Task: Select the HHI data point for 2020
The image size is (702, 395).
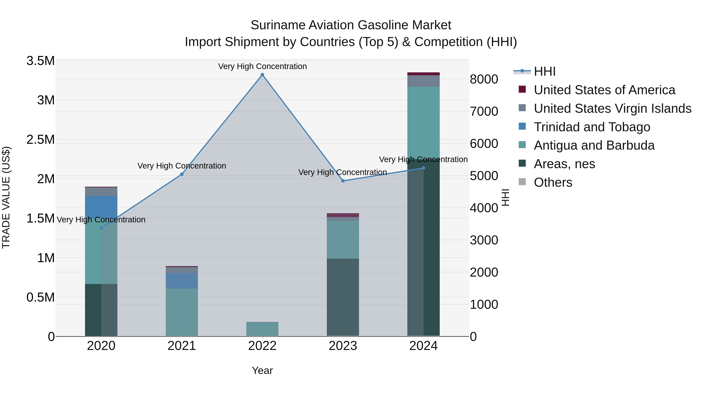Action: (101, 228)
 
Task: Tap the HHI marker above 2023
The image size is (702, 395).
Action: (343, 181)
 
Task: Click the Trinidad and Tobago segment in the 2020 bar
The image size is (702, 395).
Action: (101, 206)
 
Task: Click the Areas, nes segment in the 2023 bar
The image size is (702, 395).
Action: (343, 297)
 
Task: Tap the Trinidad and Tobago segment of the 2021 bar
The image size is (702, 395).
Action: (182, 281)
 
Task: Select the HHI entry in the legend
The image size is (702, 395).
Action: (544, 71)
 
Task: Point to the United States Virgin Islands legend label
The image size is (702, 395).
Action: (612, 108)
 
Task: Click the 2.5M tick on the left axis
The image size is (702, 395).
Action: (40, 140)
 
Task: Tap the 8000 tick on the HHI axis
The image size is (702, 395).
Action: (484, 79)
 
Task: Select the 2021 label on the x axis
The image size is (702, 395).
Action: (182, 346)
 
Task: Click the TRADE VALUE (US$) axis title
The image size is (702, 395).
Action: (6, 197)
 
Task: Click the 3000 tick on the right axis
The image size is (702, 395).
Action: (484, 240)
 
